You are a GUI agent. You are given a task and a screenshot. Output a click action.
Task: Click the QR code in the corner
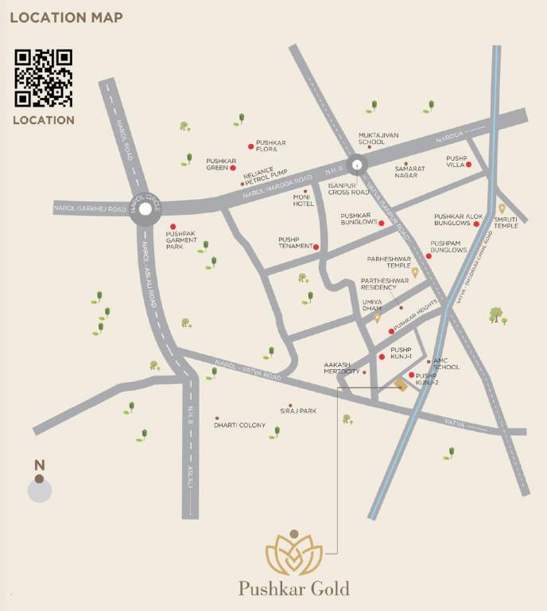(44, 78)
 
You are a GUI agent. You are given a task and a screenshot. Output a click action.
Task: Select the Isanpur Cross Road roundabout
(358, 165)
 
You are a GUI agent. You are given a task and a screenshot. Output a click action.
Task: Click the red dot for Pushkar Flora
(251, 146)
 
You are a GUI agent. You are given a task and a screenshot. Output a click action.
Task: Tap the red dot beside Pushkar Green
(233, 168)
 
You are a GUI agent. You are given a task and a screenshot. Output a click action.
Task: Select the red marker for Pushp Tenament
(316, 247)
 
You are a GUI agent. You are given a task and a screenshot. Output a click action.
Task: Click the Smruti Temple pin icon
(502, 208)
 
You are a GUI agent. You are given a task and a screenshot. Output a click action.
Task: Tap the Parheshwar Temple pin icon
(414, 271)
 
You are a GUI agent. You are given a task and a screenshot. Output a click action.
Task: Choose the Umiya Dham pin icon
(378, 317)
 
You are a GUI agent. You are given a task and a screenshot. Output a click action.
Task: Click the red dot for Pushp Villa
(469, 165)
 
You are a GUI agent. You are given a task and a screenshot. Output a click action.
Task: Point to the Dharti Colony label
(239, 426)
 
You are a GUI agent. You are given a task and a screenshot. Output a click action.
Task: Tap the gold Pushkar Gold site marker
(401, 386)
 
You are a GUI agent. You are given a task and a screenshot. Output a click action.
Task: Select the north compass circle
(39, 489)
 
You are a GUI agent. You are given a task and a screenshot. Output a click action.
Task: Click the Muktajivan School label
(371, 138)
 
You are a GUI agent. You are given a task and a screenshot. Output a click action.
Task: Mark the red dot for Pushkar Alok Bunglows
(476, 224)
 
